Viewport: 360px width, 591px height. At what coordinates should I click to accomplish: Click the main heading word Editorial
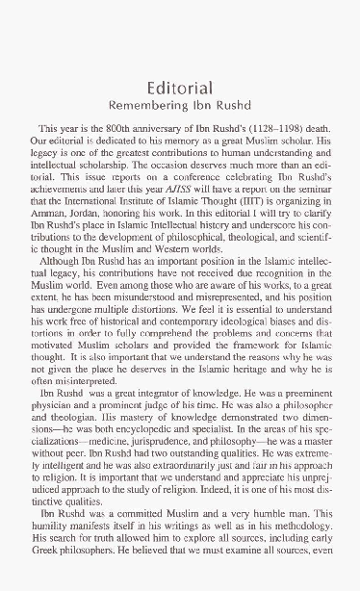[x=179, y=83]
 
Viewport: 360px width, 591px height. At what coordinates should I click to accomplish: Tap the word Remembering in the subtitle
[x=146, y=102]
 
